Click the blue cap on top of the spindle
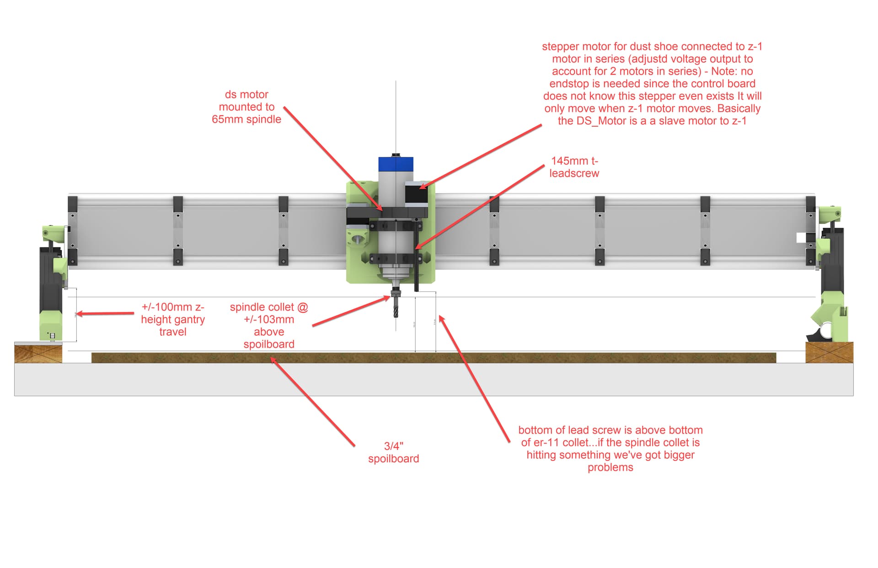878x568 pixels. [396, 164]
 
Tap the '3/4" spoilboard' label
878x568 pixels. [393, 452]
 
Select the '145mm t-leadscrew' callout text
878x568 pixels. [574, 167]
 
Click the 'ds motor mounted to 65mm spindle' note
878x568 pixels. [246, 107]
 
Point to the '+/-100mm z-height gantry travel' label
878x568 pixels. [172, 319]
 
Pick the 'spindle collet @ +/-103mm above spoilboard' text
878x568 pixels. [269, 325]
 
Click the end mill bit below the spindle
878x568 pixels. [396, 307]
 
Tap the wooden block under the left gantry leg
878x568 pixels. [38, 353]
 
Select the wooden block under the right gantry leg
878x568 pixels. [829, 353]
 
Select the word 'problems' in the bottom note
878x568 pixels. [610, 467]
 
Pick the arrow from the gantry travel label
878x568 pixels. [105, 314]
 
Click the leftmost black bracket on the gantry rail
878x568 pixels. [72, 204]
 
